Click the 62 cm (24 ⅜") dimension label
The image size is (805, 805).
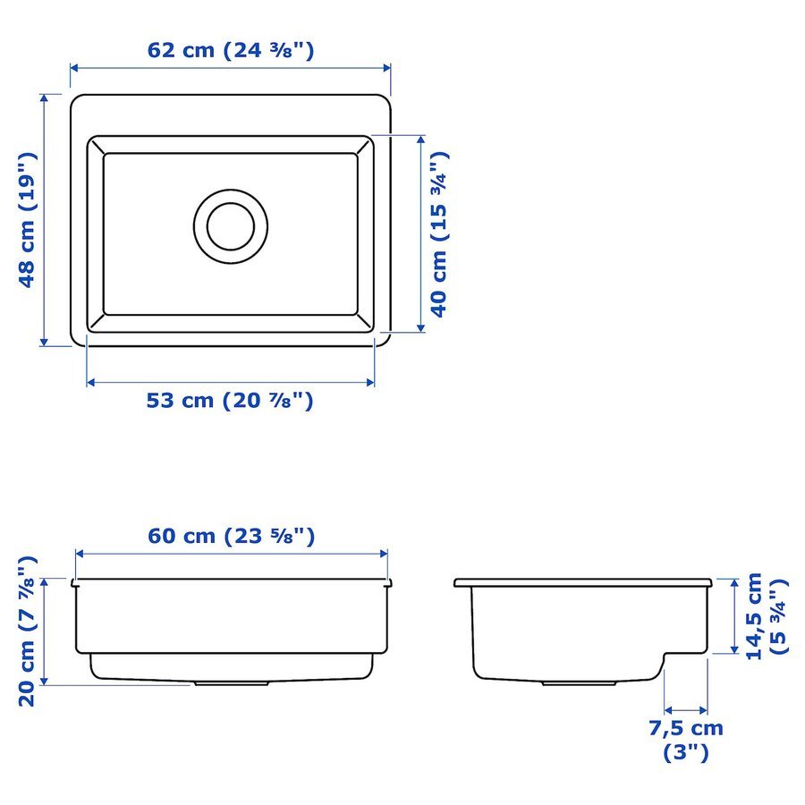pyautogui.click(x=231, y=50)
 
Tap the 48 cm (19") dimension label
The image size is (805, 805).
pyautogui.click(x=28, y=220)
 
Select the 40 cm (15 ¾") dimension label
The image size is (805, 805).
pyautogui.click(x=439, y=234)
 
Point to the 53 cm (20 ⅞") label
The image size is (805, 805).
pyautogui.click(x=230, y=401)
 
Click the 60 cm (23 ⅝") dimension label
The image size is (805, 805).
pyautogui.click(x=231, y=536)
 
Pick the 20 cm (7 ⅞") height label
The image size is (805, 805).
pyautogui.click(x=28, y=631)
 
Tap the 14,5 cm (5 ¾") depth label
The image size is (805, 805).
pyautogui.click(x=767, y=616)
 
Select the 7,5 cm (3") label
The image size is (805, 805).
pyautogui.click(x=686, y=741)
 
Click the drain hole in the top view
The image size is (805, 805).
pyautogui.click(x=231, y=226)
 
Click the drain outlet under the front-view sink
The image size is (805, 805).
pyautogui.click(x=232, y=684)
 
